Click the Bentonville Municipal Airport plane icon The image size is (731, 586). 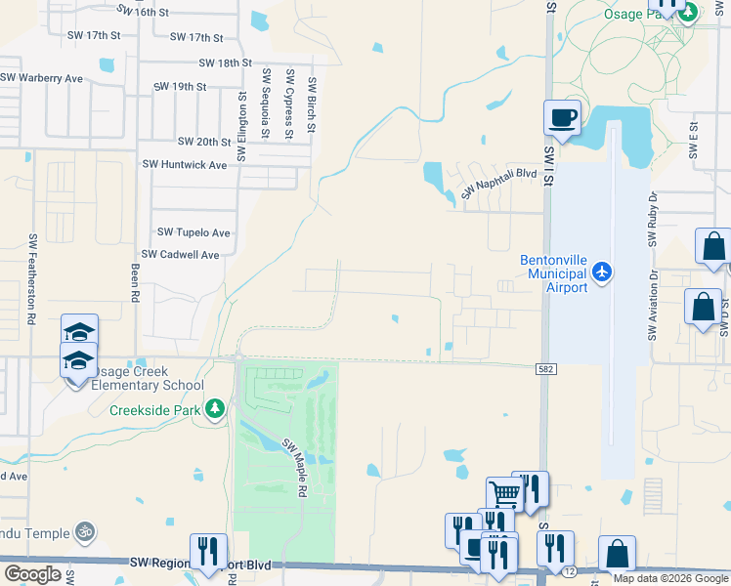603,271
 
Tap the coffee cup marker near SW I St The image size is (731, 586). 562,119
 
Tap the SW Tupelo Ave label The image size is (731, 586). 193,232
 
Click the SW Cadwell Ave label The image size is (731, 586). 183,254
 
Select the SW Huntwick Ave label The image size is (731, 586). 185,165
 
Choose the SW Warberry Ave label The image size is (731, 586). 42,77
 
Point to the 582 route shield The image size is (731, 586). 546,369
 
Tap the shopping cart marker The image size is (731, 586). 504,493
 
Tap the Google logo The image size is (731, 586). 32,573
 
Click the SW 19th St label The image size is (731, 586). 180,86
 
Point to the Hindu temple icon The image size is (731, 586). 85,532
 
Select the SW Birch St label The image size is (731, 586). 312,105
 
